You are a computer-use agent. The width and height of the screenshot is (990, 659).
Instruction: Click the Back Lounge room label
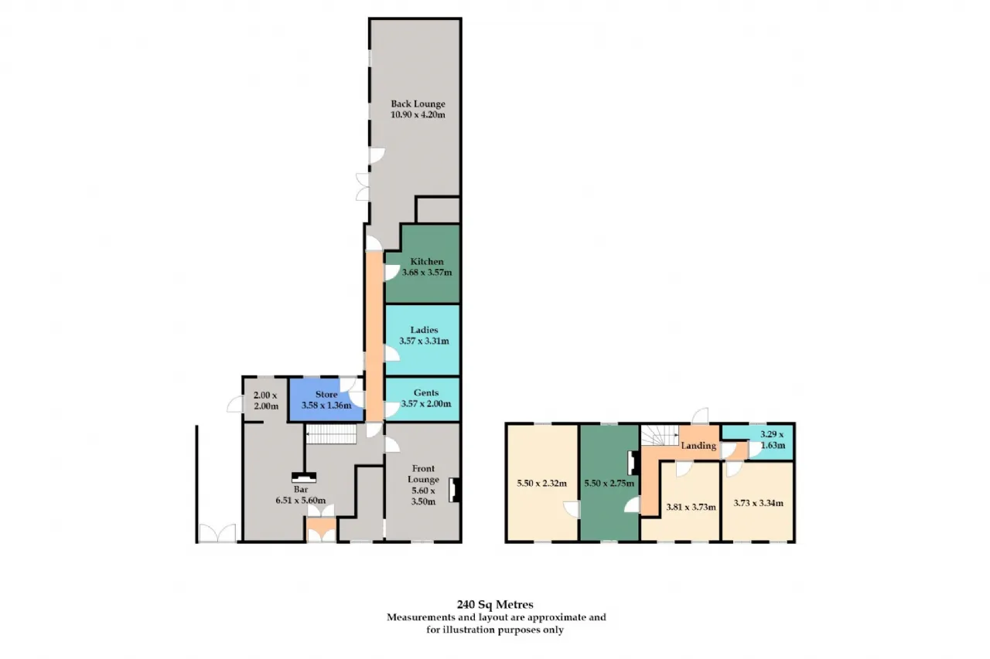pos(418,104)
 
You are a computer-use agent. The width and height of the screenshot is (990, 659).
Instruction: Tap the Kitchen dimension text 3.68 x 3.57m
pos(426,273)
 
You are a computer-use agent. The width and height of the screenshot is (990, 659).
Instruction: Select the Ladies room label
pos(424,330)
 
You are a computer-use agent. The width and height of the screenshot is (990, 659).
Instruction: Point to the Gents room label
pos(426,392)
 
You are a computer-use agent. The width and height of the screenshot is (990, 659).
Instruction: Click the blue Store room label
pos(326,395)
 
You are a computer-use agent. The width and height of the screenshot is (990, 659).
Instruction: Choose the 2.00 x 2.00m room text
pos(265,401)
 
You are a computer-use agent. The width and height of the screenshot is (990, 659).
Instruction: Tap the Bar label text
pos(301,490)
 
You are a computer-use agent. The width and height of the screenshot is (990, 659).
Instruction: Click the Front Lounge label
pos(423,474)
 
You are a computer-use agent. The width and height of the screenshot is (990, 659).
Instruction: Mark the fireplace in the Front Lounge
pos(455,490)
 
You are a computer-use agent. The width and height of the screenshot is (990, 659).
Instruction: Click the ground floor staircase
pos(332,434)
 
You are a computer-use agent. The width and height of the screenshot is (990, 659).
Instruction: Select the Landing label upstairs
pos(698,446)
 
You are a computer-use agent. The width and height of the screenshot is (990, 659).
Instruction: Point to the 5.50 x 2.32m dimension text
pos(541,484)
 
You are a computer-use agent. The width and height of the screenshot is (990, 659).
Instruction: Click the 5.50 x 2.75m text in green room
pos(609,484)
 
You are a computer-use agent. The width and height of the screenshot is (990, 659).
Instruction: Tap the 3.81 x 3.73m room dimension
pos(691,507)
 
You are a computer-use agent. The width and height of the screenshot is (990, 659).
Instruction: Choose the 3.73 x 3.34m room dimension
pos(759,503)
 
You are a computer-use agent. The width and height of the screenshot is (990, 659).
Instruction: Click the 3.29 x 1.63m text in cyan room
pos(772,440)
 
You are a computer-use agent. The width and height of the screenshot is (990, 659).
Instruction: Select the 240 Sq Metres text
pos(495,604)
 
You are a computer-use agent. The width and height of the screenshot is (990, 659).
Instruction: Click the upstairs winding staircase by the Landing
pos(660,435)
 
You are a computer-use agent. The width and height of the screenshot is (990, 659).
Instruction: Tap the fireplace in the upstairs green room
pos(633,463)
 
